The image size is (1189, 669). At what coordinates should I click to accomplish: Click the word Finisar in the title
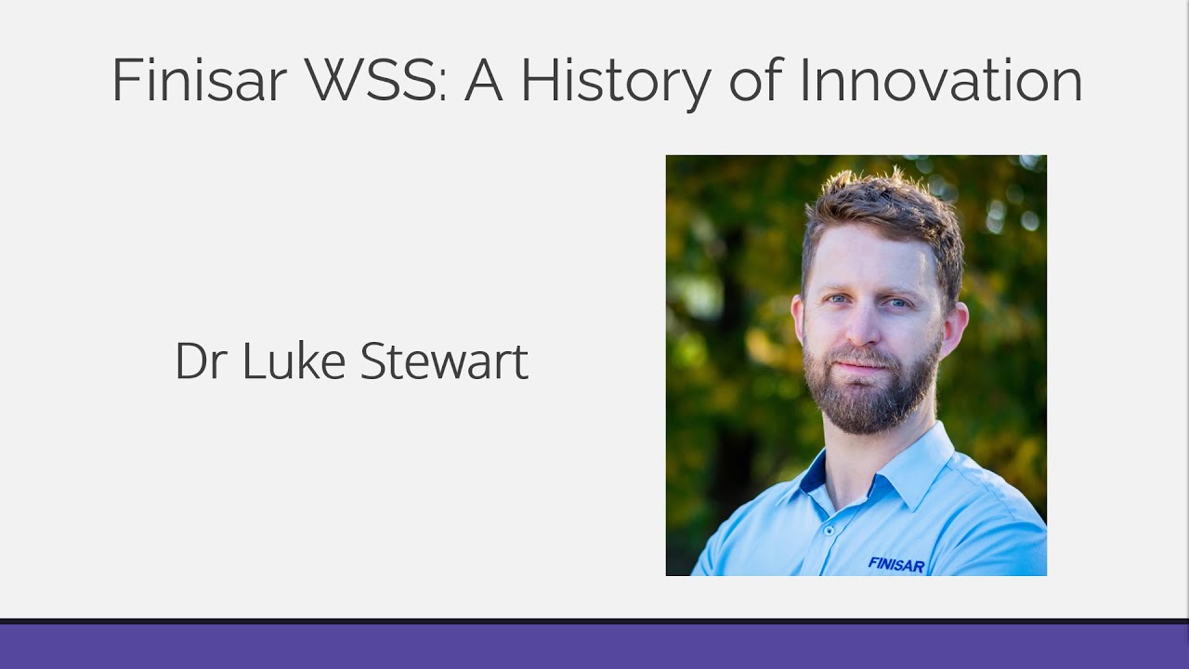click(x=199, y=80)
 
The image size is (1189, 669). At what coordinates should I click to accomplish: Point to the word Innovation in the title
click(x=941, y=80)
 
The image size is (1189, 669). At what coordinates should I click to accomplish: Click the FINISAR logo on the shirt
click(x=895, y=563)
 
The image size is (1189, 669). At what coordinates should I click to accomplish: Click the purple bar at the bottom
click(x=594, y=646)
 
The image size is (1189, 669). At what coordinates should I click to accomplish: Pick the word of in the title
click(x=756, y=80)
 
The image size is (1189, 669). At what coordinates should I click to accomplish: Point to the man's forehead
click(x=869, y=256)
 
